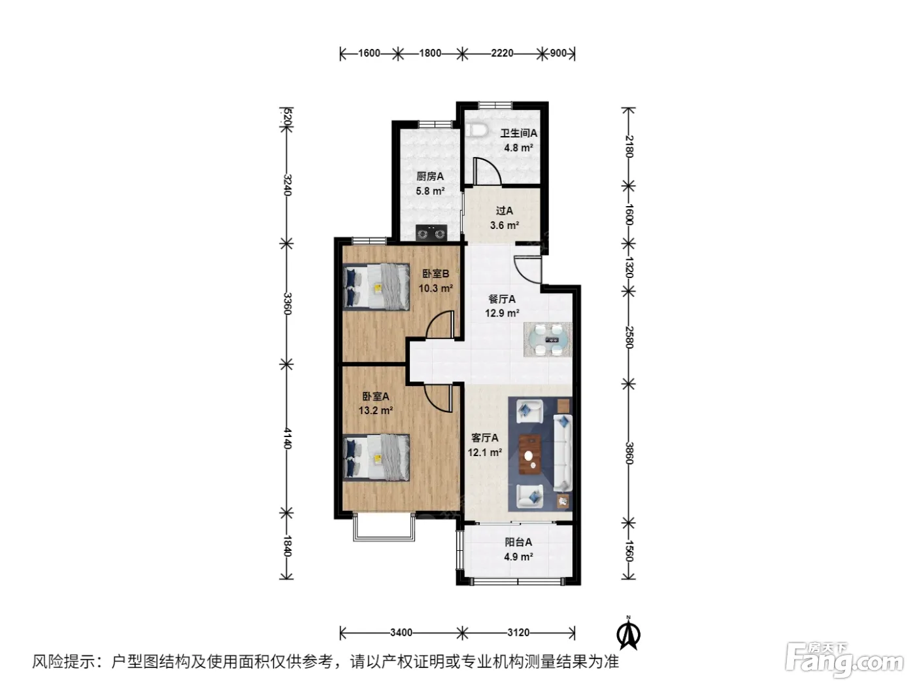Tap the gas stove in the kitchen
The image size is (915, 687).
431,233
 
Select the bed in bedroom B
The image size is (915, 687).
376,287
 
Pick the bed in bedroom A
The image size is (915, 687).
376,457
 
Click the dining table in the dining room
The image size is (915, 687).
547,340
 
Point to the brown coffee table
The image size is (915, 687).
530,454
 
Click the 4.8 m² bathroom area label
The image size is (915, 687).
518,148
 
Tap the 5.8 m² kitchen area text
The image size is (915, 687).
430,191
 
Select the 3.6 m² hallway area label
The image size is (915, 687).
504,225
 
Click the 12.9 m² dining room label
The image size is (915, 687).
502,313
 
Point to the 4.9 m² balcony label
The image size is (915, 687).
518,556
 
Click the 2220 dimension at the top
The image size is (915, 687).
502,54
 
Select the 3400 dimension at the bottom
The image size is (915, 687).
401,632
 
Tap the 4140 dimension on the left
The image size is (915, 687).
287,438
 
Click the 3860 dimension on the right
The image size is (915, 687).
629,453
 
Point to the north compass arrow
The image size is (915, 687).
628,634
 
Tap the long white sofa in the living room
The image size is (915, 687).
563,453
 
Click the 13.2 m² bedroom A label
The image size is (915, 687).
376,410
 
